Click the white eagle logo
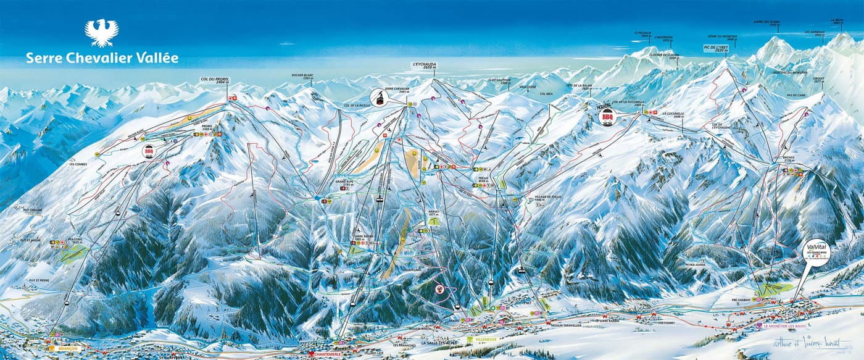click(101, 33)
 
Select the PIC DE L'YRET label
click(717, 48)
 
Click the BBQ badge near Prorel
click(148, 151)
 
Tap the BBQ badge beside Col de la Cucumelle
click(609, 115)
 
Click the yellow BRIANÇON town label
click(61, 348)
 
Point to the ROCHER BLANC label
click(303, 77)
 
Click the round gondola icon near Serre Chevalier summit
click(378, 96)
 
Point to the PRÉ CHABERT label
click(741, 299)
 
